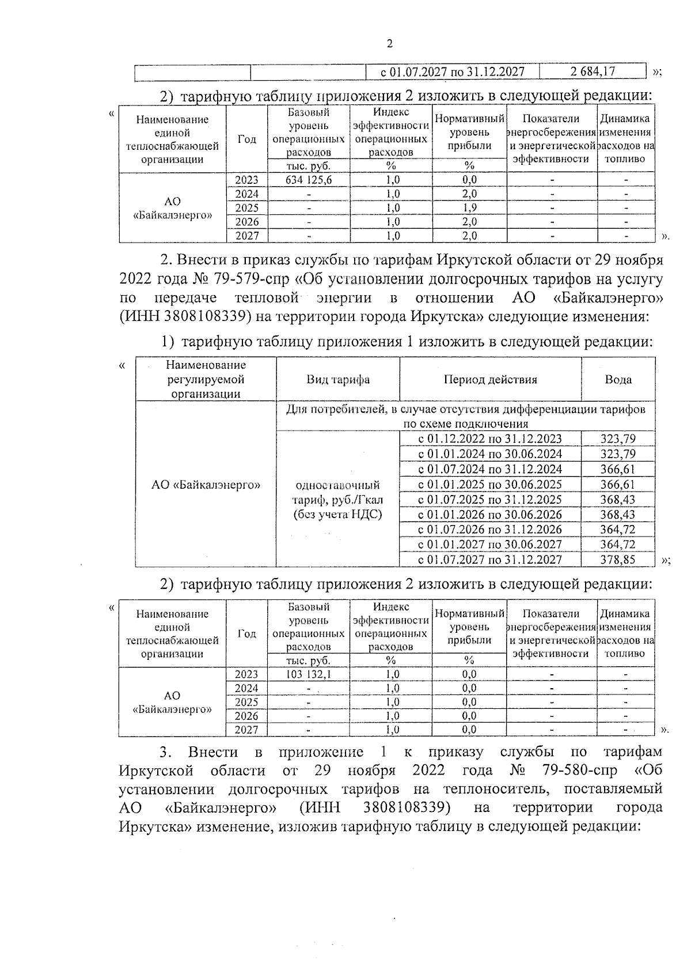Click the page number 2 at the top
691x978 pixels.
click(390, 44)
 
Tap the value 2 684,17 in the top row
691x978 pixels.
click(593, 71)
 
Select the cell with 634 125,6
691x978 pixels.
click(309, 180)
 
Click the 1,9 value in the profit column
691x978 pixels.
click(469, 207)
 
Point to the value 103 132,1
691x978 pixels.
click(309, 674)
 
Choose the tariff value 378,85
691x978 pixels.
click(618, 560)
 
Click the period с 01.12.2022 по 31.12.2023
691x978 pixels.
click(489, 439)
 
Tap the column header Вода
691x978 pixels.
click(618, 379)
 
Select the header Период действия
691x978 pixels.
click(490, 379)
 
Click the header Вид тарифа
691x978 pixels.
click(337, 379)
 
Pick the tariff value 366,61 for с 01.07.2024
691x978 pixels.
click(618, 469)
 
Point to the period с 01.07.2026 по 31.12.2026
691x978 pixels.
click(489, 529)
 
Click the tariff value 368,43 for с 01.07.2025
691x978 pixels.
click(618, 499)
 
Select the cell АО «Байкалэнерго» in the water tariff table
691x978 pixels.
click(206, 485)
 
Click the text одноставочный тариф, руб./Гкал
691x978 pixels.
click(337, 492)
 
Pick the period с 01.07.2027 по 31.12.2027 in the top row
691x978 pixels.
click(453, 71)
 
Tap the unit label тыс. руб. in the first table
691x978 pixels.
click(309, 166)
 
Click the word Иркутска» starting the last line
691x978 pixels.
click(155, 826)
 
